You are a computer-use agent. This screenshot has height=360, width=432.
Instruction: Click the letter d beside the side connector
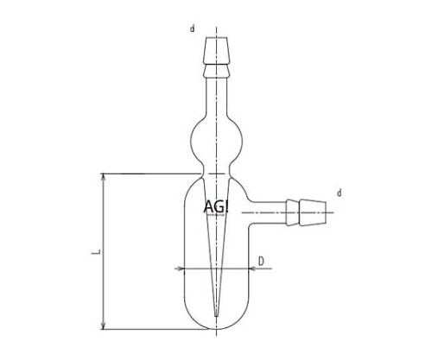(340, 193)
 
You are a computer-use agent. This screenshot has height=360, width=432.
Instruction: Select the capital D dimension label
(260, 259)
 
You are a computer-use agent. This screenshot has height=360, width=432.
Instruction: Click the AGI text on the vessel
(216, 207)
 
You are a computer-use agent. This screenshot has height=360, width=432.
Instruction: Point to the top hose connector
(215, 54)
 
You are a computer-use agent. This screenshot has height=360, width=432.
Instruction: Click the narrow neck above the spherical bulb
(215, 95)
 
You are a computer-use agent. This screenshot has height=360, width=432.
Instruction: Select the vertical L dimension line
(104, 224)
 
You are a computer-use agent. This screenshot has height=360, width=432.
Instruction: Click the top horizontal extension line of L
(138, 174)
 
